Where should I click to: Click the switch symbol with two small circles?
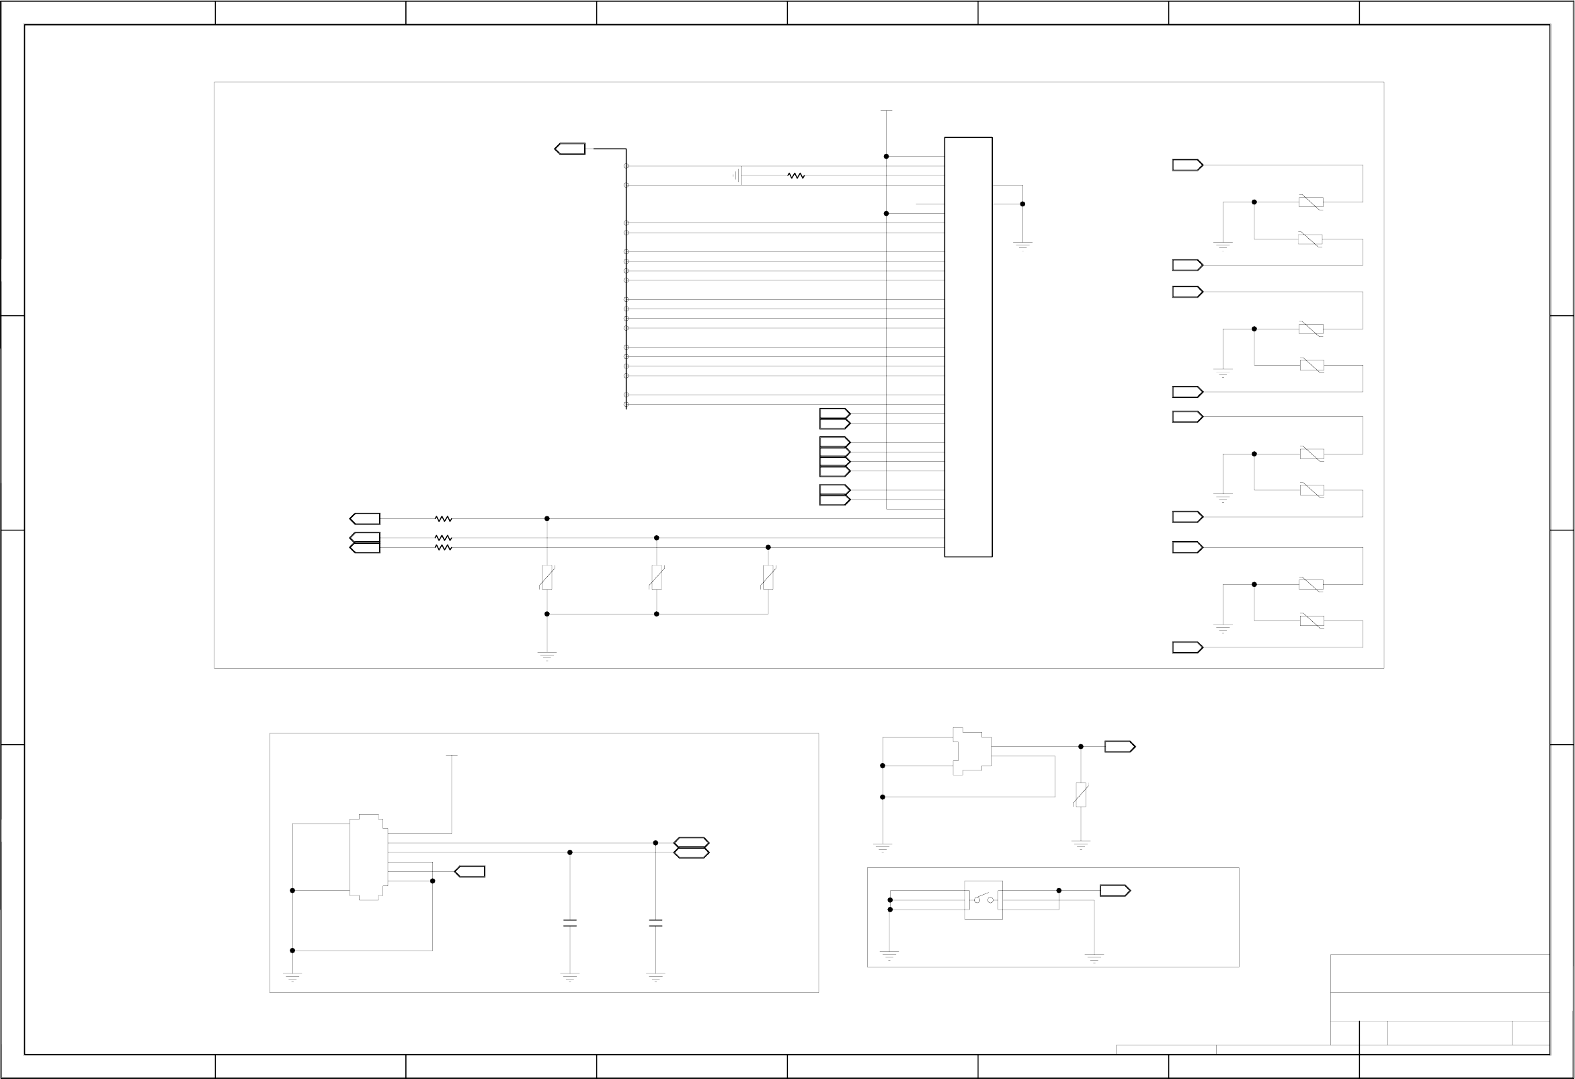click(x=983, y=900)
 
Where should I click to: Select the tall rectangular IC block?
click(x=968, y=347)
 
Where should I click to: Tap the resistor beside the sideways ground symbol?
click(x=796, y=175)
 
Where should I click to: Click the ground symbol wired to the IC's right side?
click(x=1022, y=245)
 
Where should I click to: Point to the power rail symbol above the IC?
click(x=886, y=111)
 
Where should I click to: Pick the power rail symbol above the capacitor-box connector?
click(x=451, y=755)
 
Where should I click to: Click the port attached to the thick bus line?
click(x=570, y=149)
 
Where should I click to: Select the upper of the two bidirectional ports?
click(x=691, y=842)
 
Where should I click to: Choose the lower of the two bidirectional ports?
click(x=691, y=852)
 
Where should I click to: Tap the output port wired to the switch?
click(x=1114, y=891)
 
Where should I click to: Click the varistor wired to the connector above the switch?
click(x=1080, y=795)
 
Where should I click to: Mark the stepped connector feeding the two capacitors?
click(x=368, y=856)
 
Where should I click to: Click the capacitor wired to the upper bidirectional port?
click(x=655, y=922)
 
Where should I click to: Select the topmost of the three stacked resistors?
click(x=443, y=518)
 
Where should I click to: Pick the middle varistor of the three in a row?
click(x=656, y=577)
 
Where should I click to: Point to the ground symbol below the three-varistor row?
click(x=547, y=655)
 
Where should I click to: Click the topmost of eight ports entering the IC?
click(x=834, y=413)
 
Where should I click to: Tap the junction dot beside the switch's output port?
click(x=1059, y=891)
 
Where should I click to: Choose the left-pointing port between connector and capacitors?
click(x=470, y=872)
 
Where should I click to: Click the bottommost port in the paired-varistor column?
click(x=1187, y=647)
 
